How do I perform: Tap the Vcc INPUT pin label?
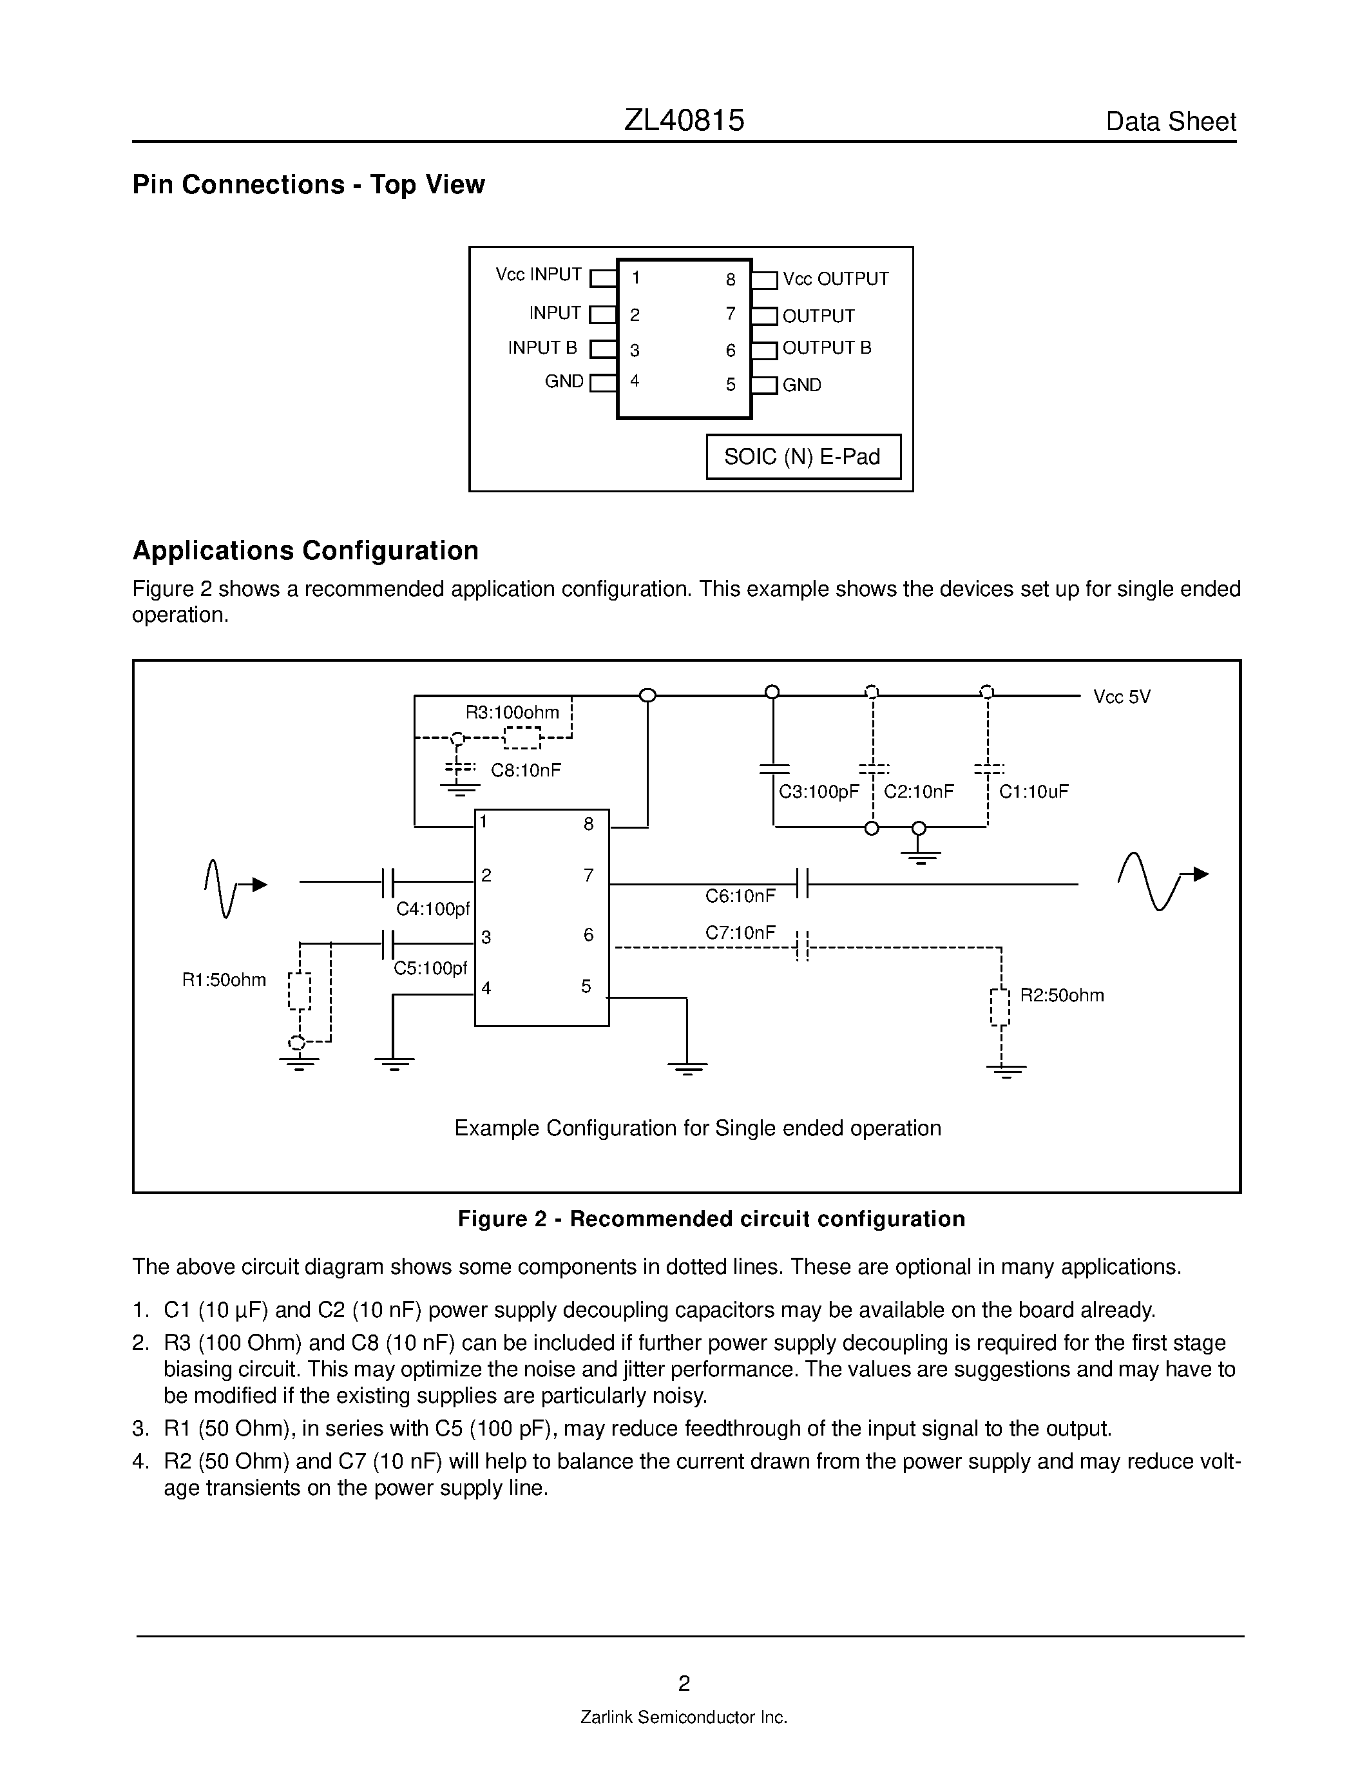click(539, 275)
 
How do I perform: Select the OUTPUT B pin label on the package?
click(827, 348)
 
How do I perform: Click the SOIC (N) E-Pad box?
click(803, 457)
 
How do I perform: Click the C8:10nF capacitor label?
click(526, 770)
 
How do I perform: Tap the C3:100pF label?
click(818, 792)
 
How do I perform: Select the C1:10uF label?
click(1033, 792)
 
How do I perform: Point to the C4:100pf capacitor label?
click(432, 910)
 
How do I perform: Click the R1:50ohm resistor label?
click(224, 980)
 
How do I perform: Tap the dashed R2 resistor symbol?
click(1000, 1007)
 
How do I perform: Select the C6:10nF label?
click(740, 896)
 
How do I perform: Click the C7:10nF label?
click(740, 933)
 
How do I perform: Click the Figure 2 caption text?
click(711, 1220)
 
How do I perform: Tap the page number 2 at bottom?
click(684, 1684)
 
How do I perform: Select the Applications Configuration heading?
click(305, 551)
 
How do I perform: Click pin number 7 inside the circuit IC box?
click(589, 876)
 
